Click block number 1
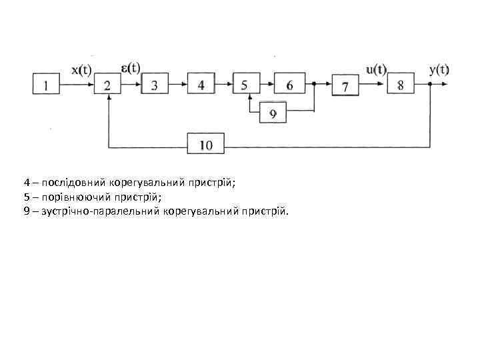45,85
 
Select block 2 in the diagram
108,85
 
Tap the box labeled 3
155,85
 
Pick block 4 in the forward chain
201,85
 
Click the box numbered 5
245,85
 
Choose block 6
289,85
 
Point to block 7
345,86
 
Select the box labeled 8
400,85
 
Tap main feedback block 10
206,143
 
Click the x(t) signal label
81,70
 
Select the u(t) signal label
376,69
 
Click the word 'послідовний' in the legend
69,181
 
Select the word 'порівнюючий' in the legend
69,197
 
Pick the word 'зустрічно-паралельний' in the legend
100,212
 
